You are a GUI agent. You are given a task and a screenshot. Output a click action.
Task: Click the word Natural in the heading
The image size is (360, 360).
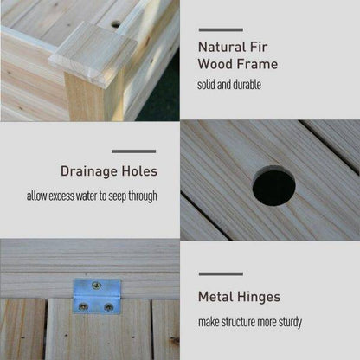(222, 47)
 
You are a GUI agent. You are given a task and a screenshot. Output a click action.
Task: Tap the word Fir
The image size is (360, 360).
(259, 47)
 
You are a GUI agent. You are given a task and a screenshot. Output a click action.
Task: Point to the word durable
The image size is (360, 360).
(247, 85)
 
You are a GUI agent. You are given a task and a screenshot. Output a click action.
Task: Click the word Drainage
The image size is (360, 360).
(89, 171)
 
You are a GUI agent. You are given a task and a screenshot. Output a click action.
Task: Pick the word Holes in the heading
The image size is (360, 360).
(139, 171)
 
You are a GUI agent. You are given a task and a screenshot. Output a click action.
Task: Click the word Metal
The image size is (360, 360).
(215, 297)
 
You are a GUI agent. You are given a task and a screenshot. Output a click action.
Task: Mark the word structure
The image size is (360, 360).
(238, 322)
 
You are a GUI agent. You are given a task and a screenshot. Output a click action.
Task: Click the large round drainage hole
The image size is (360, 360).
(273, 187)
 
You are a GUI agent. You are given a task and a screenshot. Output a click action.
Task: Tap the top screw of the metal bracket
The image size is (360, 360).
(96, 286)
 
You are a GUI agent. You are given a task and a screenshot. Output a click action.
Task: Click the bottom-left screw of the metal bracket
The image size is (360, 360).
(83, 306)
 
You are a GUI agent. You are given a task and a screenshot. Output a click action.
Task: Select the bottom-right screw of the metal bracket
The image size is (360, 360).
(108, 307)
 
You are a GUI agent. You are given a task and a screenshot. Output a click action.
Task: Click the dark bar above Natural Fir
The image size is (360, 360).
(221, 29)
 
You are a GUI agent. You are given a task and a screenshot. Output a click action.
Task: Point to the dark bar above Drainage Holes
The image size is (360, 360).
(134, 151)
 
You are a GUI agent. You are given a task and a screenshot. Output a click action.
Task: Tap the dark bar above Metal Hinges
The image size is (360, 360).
(221, 273)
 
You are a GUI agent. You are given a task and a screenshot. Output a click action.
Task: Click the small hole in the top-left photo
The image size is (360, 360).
(116, 24)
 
